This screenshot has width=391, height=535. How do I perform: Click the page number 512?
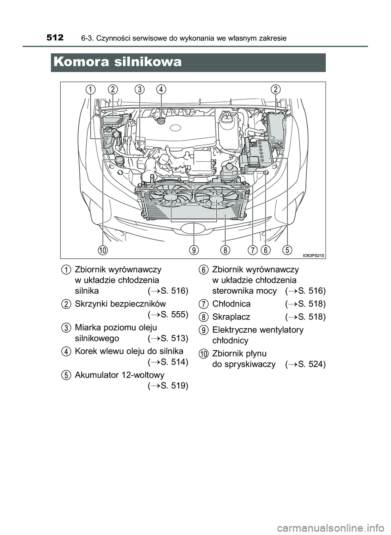point(55,38)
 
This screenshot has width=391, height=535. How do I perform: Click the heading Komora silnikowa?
point(117,62)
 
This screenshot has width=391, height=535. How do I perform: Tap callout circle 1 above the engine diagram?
point(90,90)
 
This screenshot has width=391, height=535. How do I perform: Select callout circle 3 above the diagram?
point(140,90)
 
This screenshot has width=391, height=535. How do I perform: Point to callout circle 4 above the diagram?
point(161,90)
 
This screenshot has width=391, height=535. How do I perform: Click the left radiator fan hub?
point(171,197)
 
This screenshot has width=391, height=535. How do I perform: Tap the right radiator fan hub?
point(216,199)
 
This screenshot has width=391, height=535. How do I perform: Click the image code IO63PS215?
point(313,255)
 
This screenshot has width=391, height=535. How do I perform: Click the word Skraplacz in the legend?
point(231,317)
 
